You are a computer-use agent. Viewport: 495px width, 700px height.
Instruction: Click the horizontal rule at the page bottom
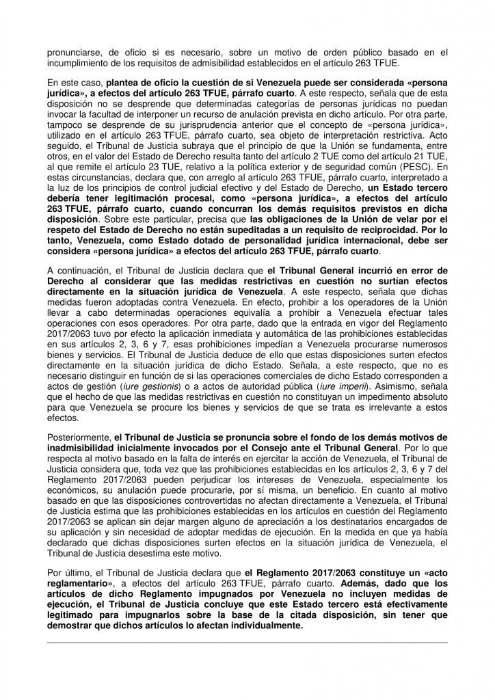[247, 642]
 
